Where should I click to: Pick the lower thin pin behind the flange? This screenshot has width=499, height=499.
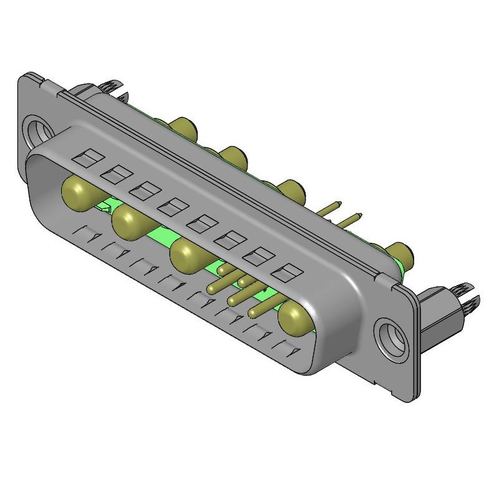351,219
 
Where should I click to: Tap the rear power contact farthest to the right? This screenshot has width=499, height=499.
400,253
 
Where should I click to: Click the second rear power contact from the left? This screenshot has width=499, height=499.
233,156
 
